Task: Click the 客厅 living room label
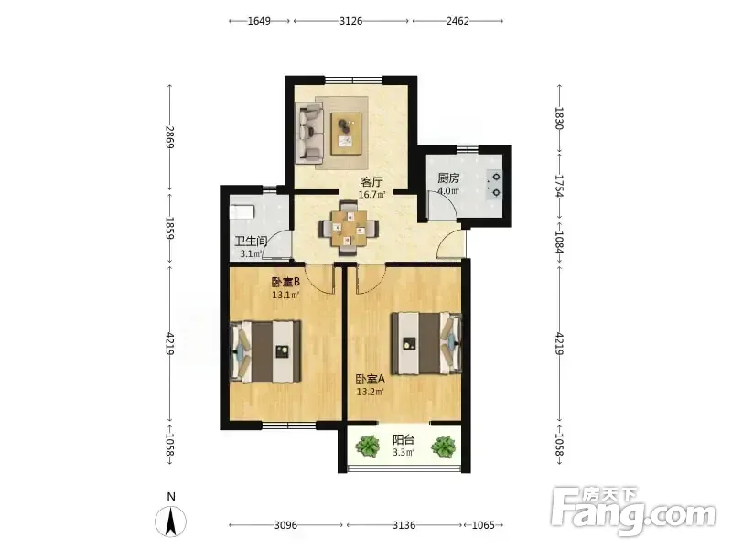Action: point(372,181)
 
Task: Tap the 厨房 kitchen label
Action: point(448,178)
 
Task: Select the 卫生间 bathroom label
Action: point(251,242)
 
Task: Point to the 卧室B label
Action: point(285,283)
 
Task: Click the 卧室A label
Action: point(371,379)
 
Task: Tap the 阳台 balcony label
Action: point(404,440)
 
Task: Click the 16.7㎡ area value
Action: point(372,194)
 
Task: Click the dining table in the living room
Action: point(349,228)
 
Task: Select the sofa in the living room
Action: point(309,133)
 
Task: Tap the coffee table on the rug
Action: point(347,134)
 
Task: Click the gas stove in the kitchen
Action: point(494,185)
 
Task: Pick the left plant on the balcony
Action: point(368,446)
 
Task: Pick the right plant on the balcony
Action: point(443,447)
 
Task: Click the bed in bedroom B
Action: point(265,351)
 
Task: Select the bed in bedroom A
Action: point(426,343)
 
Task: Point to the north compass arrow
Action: point(171,521)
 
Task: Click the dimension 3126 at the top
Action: point(351,21)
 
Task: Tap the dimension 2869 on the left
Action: point(169,137)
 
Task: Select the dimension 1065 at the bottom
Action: point(483,525)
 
